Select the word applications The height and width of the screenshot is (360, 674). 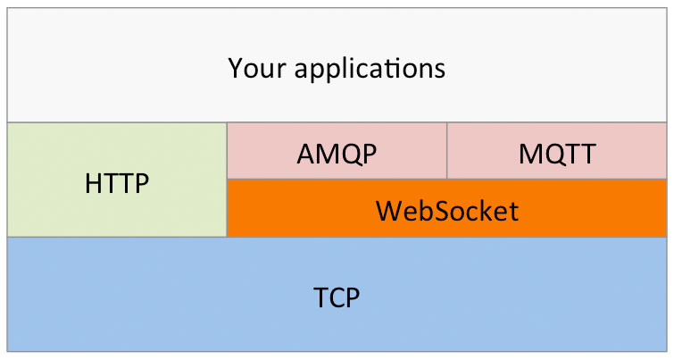pyautogui.click(x=370, y=69)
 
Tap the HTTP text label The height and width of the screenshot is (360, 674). pyautogui.click(x=117, y=183)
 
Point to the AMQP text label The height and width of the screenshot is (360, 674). pyautogui.click(x=337, y=154)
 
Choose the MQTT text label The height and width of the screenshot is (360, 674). pyautogui.click(x=557, y=154)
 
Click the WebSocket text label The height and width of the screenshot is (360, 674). pyautogui.click(x=447, y=211)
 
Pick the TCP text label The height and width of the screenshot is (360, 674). pyautogui.click(x=337, y=297)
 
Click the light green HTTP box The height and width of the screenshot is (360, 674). pyautogui.click(x=117, y=180)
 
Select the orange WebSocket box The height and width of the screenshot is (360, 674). pyautogui.click(x=447, y=208)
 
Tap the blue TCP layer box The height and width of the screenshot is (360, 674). pyautogui.click(x=337, y=294)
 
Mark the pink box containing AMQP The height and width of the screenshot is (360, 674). pyautogui.click(x=337, y=151)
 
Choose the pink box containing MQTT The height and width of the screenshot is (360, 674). pyautogui.click(x=557, y=151)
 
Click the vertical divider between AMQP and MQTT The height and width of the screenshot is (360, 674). pyautogui.click(x=447, y=151)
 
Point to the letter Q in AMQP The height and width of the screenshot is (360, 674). pyautogui.click(x=348, y=155)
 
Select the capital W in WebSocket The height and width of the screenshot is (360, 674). pyautogui.click(x=390, y=211)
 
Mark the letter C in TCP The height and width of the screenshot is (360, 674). pyautogui.click(x=336, y=297)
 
